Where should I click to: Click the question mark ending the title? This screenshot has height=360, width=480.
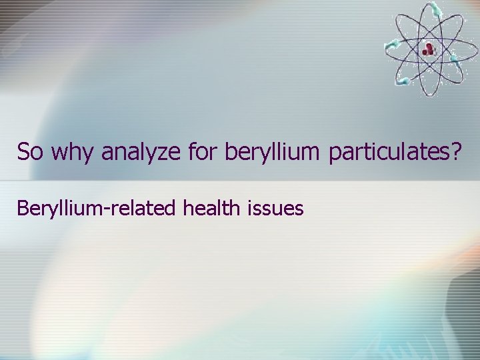point(456,152)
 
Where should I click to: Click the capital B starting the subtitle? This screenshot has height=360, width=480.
point(23,209)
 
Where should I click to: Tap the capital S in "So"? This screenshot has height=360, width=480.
point(23,152)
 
